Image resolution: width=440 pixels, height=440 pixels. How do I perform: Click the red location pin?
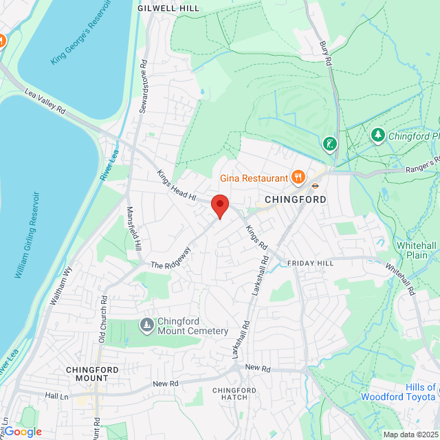219,206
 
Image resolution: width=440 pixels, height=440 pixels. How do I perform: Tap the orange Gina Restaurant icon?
298,177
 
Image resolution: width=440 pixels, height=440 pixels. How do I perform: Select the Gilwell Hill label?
168,8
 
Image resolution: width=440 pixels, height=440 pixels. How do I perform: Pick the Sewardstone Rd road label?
143,86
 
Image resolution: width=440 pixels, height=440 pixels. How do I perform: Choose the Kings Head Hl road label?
177,186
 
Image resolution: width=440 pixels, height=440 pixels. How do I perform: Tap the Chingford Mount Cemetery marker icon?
146,324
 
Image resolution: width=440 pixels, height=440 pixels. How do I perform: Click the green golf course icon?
331,144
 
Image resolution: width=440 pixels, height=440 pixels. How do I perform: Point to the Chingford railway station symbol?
316,184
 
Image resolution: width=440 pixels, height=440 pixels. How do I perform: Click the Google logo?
22,431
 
